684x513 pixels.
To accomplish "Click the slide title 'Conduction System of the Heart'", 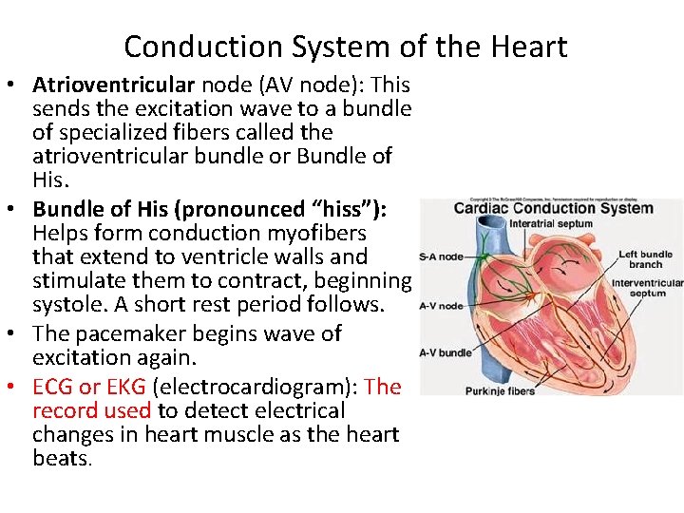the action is pos(345,47).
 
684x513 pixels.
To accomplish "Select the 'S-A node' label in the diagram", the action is pos(442,256).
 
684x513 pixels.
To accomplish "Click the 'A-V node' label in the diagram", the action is pos(442,306).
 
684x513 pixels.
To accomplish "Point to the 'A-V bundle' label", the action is pos(446,352).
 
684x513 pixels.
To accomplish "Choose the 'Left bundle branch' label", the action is pos(645,259).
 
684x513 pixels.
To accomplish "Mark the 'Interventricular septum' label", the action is pos(646,288).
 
